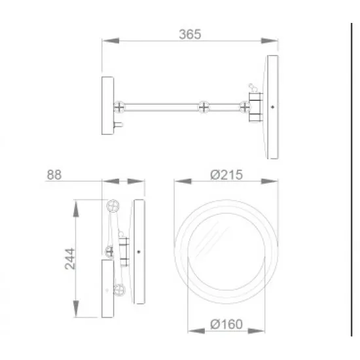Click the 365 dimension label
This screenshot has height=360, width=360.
tap(190, 35)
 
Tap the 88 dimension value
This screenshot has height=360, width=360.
tap(54, 175)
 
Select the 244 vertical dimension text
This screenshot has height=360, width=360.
tap(70, 259)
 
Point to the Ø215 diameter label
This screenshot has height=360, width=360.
tap(226, 175)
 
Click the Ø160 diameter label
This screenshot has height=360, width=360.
tap(226, 324)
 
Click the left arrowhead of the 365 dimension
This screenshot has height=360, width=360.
tap(111, 41)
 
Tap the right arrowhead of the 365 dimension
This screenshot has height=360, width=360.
tap(270, 41)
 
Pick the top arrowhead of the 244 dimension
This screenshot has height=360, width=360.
tap(76, 208)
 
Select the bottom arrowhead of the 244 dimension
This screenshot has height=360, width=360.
tap(76, 309)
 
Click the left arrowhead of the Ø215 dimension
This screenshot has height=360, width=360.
tap(183, 181)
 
